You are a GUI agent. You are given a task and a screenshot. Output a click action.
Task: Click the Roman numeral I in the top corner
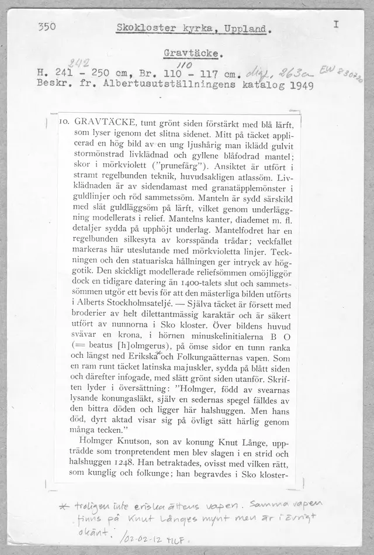(335, 25)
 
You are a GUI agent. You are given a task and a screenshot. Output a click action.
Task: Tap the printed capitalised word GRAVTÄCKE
(106, 123)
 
